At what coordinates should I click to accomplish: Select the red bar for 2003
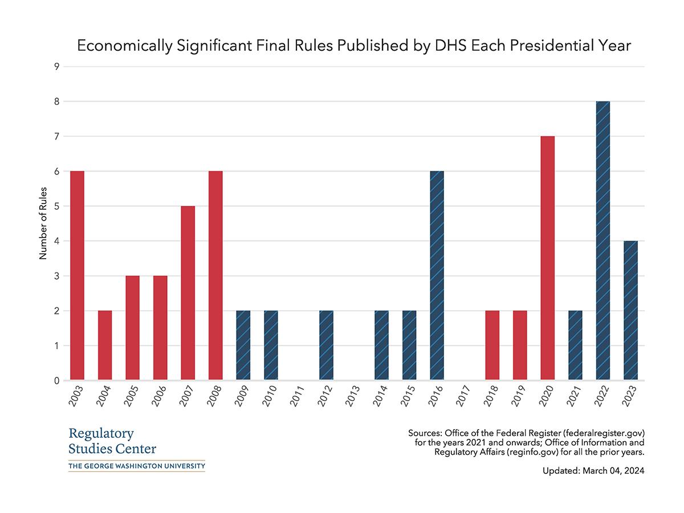[77, 276]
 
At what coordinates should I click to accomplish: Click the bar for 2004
[105, 345]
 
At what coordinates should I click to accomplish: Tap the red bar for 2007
[188, 293]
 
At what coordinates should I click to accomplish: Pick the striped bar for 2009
[243, 345]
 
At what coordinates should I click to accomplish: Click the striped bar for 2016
[437, 276]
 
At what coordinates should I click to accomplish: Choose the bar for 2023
[630, 311]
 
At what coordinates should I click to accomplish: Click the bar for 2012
[327, 345]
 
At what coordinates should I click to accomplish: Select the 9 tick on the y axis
[57, 67]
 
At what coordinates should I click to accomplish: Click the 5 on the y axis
[57, 206]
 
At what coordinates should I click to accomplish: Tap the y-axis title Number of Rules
[43, 223]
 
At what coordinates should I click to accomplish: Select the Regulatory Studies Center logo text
[112, 441]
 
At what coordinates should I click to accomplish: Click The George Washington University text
[136, 466]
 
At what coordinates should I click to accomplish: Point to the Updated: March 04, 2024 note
[593, 471]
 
